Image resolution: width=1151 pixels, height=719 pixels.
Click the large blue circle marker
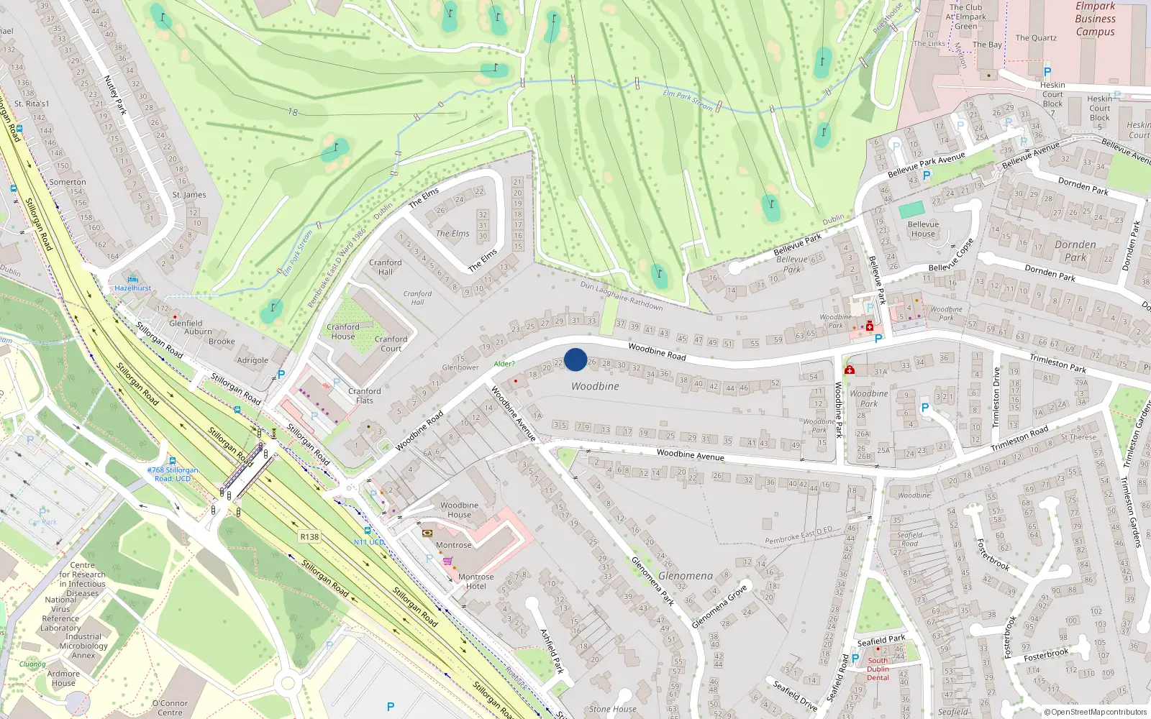coord(575,359)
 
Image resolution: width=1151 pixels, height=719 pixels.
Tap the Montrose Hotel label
coord(476,581)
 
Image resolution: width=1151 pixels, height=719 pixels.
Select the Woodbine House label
coord(459,510)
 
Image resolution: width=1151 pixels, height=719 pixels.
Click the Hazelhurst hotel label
coord(133,288)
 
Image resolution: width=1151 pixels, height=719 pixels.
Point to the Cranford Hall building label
coord(386,267)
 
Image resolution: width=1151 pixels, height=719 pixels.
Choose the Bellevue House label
coord(923,229)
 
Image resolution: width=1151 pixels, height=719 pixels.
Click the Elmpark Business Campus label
coord(1095,19)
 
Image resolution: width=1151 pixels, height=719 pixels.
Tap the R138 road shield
coord(309,537)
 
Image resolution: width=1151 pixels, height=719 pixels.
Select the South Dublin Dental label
coord(878,669)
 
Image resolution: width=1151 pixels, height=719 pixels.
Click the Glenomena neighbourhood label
coord(686,576)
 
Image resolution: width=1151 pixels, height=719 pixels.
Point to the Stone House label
coord(612,709)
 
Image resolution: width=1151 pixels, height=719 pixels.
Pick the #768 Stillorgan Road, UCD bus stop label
coord(173,474)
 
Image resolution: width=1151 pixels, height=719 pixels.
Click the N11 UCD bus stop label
coord(369,542)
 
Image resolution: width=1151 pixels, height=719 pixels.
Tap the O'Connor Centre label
coord(170,707)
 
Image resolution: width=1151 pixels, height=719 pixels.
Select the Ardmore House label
coord(63,678)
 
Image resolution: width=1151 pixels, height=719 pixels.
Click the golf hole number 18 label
coord(293,112)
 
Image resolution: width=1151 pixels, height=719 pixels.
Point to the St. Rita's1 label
coord(32,104)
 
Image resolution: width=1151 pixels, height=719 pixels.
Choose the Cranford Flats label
coord(365,395)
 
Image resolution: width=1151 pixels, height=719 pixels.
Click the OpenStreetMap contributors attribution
coord(1096,712)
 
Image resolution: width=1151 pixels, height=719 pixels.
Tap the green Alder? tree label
coord(504,364)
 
